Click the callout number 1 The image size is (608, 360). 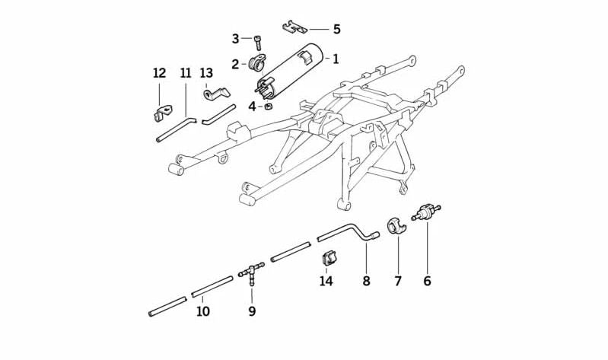point(336,59)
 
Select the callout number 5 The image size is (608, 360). point(336,29)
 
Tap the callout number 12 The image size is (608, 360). point(159,73)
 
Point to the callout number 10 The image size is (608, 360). point(203,311)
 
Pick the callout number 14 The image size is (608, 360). point(326,281)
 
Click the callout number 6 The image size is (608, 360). point(427,281)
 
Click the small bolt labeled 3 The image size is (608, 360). point(258,43)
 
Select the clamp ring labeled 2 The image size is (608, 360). point(256,63)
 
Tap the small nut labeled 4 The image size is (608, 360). point(268,106)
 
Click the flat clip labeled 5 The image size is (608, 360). point(294,27)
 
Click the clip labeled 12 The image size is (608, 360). point(162,113)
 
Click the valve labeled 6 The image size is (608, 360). point(426,212)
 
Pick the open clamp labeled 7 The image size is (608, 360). point(396,227)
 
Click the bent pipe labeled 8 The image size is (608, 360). point(348,232)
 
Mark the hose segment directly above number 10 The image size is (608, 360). point(212,286)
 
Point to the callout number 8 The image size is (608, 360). point(367,281)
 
